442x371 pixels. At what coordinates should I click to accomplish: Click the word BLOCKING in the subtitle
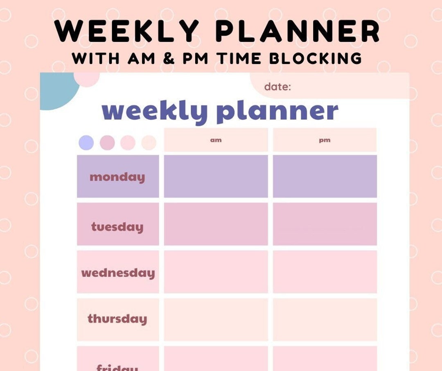[x=315, y=58]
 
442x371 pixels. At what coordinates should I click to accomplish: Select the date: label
[x=277, y=87]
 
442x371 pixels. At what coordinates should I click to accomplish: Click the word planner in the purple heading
[x=277, y=111]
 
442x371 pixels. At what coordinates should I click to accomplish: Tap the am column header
[x=216, y=140]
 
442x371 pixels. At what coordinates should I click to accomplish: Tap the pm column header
[x=325, y=140]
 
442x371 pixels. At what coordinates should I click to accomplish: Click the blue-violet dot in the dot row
[x=86, y=143]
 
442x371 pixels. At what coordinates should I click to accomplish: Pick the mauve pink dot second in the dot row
[x=107, y=143]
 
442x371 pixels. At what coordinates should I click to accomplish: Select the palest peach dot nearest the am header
[x=149, y=143]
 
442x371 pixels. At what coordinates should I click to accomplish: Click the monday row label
[x=117, y=177]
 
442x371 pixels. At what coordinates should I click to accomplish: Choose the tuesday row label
[x=117, y=227]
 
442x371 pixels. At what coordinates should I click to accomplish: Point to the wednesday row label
[x=118, y=273]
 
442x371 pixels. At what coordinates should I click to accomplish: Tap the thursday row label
[x=117, y=319]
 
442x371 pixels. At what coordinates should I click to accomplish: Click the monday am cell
[x=216, y=176]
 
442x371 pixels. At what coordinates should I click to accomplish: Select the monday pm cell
[x=325, y=176]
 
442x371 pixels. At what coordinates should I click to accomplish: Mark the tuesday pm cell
[x=325, y=224]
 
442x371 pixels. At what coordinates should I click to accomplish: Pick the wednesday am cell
[x=216, y=272]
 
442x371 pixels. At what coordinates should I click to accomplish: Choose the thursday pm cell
[x=325, y=319]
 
